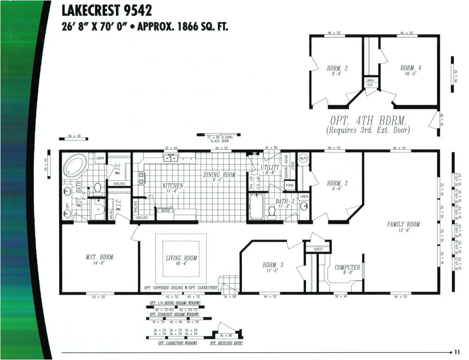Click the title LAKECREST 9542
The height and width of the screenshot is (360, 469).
[107, 10]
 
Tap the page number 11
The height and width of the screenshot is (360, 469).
[457, 352]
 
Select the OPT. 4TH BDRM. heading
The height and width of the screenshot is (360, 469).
[368, 121]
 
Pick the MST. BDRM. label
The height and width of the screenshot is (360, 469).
[100, 257]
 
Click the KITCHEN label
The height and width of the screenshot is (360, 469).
[173, 186]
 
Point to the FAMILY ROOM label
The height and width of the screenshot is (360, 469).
[403, 224]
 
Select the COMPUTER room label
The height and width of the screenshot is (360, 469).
[347, 267]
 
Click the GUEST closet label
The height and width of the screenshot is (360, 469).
[318, 249]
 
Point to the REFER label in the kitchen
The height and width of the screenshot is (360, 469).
[165, 210]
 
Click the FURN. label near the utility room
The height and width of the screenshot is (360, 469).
[289, 185]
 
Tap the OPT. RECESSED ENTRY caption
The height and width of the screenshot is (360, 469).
[226, 343]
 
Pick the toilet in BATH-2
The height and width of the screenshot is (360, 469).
[272, 212]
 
